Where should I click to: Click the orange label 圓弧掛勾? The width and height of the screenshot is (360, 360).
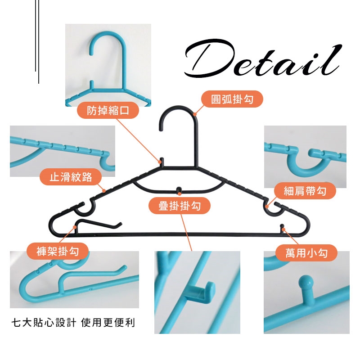(x=232, y=99)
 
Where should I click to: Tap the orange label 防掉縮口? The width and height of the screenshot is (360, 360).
(x=108, y=110)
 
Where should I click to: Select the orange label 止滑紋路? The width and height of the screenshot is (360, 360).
(x=71, y=177)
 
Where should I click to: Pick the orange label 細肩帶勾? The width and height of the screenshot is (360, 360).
(x=305, y=191)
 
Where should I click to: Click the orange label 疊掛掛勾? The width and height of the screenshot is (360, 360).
(x=180, y=206)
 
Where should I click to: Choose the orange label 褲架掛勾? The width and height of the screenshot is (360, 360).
(x=58, y=251)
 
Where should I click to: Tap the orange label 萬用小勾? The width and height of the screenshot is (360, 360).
(x=306, y=253)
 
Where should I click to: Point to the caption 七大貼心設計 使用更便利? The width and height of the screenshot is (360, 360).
(x=73, y=323)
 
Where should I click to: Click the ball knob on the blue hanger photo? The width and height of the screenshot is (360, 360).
(x=306, y=283)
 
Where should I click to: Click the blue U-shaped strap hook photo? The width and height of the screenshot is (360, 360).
(x=305, y=157)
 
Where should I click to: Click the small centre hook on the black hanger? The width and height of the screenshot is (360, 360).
(x=179, y=190)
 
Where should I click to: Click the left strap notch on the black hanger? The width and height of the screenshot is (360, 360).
(x=85, y=208)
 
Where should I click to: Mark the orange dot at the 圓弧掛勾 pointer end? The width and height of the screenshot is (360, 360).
(x=195, y=114)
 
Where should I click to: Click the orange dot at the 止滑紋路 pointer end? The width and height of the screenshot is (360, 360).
(x=104, y=190)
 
